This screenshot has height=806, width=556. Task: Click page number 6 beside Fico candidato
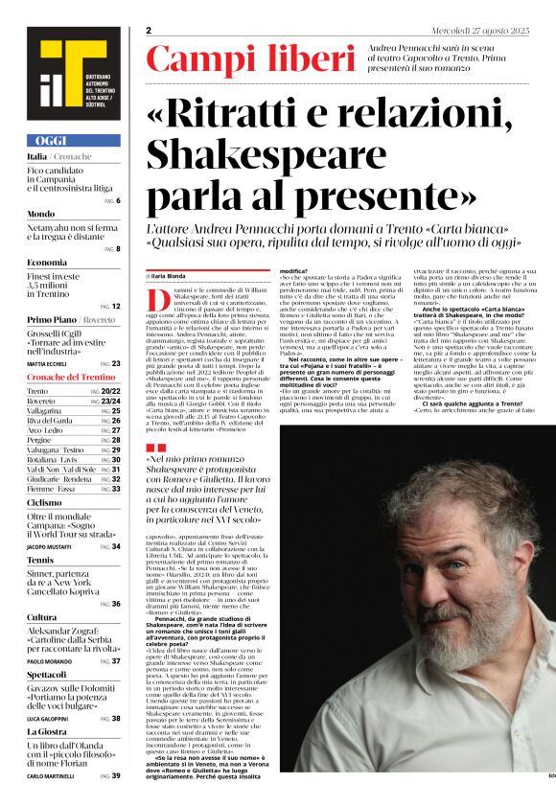click(x=117, y=200)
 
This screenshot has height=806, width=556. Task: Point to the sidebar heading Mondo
click(x=41, y=214)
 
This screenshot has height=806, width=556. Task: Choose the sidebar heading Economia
click(x=47, y=262)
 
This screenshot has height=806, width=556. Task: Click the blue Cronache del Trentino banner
click(x=72, y=378)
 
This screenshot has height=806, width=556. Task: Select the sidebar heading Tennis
click(x=40, y=559)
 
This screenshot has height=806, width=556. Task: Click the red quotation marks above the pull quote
click(x=154, y=448)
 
